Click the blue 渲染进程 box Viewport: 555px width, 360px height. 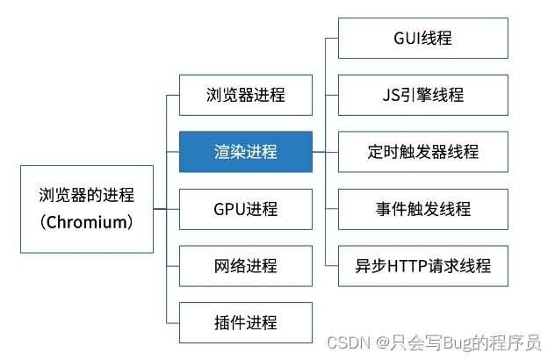[x=245, y=152]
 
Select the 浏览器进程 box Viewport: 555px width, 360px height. [x=245, y=95]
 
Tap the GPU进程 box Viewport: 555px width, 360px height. [x=245, y=209]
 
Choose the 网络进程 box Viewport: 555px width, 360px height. [x=245, y=266]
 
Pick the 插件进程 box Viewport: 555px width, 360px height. [x=245, y=322]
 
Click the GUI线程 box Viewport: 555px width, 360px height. [x=422, y=38]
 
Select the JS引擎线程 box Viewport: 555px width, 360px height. [x=422, y=95]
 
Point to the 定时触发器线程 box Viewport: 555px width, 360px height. [x=422, y=152]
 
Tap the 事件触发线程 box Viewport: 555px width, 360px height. [x=422, y=209]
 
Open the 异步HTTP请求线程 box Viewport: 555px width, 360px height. [x=422, y=265]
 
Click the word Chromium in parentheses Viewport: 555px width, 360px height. [x=87, y=222]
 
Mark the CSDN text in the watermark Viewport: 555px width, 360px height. [x=345, y=343]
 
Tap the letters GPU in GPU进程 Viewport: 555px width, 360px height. [x=227, y=209]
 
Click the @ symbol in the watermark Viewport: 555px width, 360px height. [x=381, y=343]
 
